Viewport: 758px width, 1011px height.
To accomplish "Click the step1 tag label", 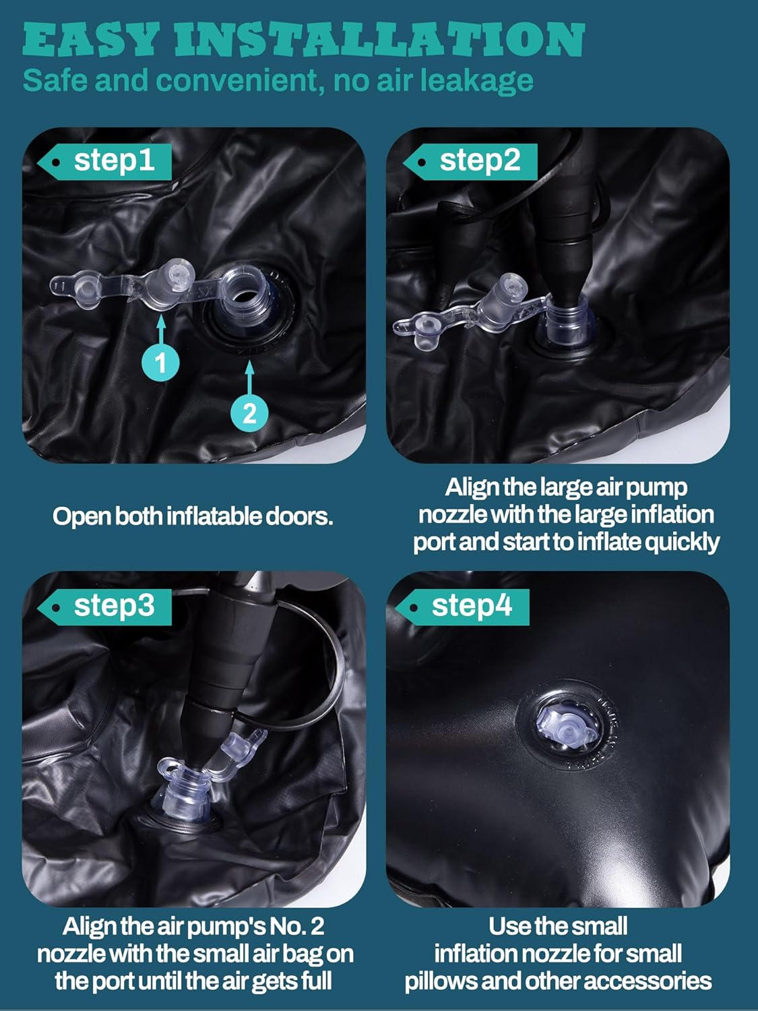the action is [x=104, y=162].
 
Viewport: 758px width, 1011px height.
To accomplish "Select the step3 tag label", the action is [x=104, y=607].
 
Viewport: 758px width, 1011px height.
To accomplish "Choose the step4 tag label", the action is [x=462, y=607].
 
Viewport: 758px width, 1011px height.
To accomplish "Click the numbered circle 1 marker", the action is [x=160, y=363].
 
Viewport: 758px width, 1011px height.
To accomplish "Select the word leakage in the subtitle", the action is [x=478, y=81].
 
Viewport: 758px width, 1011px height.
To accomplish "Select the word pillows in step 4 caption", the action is [x=441, y=981].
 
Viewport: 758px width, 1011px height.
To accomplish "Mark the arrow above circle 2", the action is [x=249, y=377].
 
